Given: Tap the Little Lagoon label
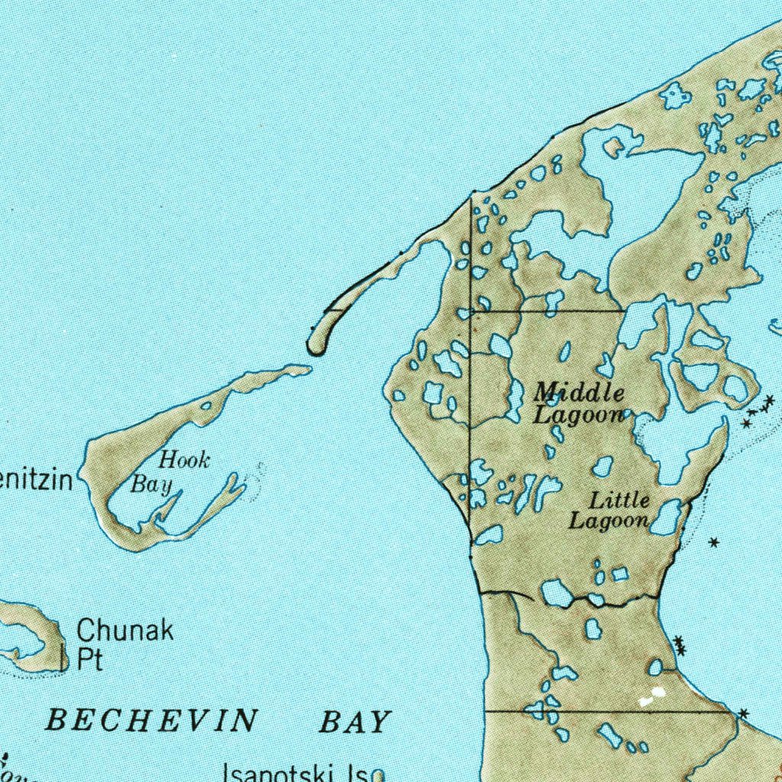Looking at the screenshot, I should [609, 511].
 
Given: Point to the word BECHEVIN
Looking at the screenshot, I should [151, 720].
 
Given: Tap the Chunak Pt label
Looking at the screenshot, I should [124, 644].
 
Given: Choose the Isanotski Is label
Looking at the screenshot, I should [295, 773].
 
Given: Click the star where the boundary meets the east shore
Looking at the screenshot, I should [743, 713].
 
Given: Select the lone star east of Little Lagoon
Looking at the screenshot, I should [713, 543].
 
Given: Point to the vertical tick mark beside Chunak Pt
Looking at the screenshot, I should [62, 656].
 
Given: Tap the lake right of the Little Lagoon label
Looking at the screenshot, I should [666, 518].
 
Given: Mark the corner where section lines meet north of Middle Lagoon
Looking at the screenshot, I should [471, 312].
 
